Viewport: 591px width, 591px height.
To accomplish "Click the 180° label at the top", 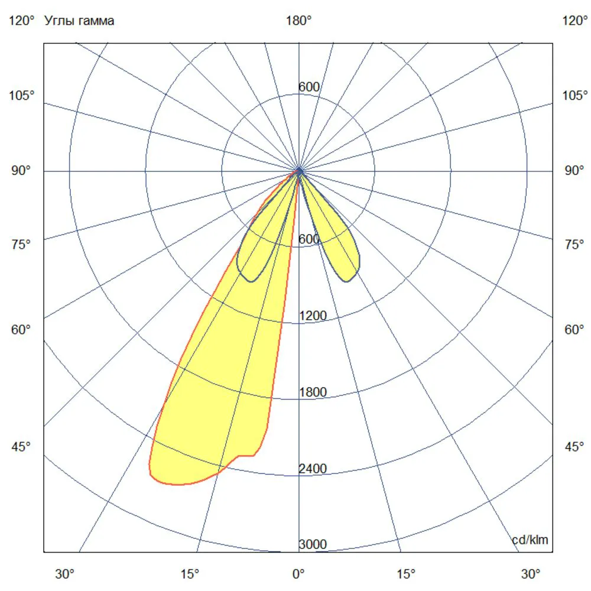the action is pos(298,20).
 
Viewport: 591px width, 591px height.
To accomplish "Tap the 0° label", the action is pos(298,574).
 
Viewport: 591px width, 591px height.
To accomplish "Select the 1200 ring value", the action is pos(313,316).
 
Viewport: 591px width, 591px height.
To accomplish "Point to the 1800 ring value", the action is pos(313,392).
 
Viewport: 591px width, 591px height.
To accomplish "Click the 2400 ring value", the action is pos(313,469).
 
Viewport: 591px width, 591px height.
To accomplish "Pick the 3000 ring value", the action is pos(313,544).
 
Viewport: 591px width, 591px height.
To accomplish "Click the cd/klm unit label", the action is pos(530,540).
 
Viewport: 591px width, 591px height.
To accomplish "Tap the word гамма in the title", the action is pos(95,21).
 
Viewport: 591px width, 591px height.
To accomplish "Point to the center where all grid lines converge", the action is pos(299,171).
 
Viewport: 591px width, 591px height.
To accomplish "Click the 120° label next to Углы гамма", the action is pos(21,20).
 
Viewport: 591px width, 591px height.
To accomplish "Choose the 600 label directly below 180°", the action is pos(309,87).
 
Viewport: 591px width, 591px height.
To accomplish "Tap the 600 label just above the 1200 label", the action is pos(309,239).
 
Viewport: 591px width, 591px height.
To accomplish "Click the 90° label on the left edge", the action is pos(21,171).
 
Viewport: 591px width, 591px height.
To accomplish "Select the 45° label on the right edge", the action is pos(574,447).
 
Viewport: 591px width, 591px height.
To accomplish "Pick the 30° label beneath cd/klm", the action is pos(531,574).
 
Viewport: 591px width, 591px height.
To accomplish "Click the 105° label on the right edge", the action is pos(575,95).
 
